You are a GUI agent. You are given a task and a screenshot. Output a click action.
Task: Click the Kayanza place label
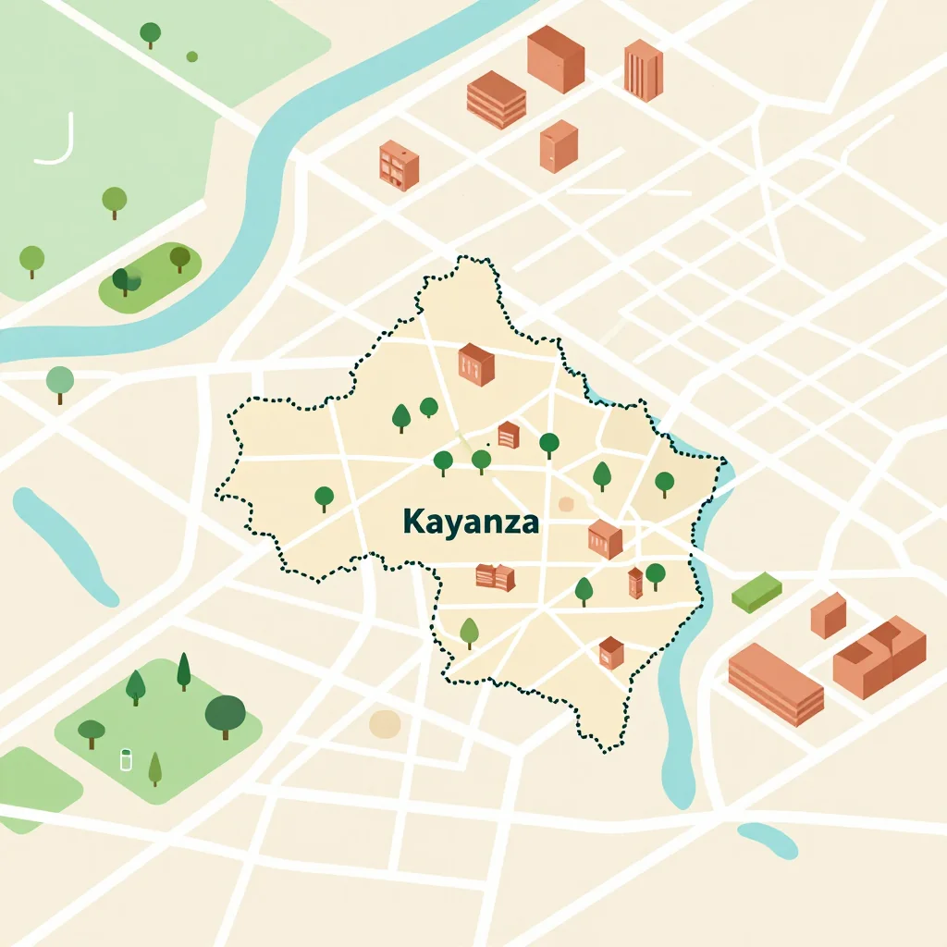471,522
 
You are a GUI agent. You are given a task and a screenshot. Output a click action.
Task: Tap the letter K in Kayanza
412,522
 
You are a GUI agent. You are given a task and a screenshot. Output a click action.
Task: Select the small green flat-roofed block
756,592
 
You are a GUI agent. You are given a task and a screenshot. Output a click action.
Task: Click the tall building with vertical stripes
643,69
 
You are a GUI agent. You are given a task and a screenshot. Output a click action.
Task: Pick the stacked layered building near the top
497,100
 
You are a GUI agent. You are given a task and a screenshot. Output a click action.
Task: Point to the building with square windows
399,166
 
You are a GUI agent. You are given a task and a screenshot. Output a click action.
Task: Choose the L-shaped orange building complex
879,657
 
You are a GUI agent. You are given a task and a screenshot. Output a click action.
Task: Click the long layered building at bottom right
775,684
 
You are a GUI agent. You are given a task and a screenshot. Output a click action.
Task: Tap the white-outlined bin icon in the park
127,760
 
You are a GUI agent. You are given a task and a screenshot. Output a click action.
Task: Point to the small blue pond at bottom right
768,839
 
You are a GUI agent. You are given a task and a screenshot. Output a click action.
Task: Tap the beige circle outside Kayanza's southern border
385,724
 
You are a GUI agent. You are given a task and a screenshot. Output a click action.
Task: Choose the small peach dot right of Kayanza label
566,504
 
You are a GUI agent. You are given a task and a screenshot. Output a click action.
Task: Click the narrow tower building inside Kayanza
634,584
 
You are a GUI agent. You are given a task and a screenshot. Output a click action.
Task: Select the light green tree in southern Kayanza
470,633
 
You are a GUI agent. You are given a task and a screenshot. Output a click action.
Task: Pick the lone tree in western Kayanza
324,498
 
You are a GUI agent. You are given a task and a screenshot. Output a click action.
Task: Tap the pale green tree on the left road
60,382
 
